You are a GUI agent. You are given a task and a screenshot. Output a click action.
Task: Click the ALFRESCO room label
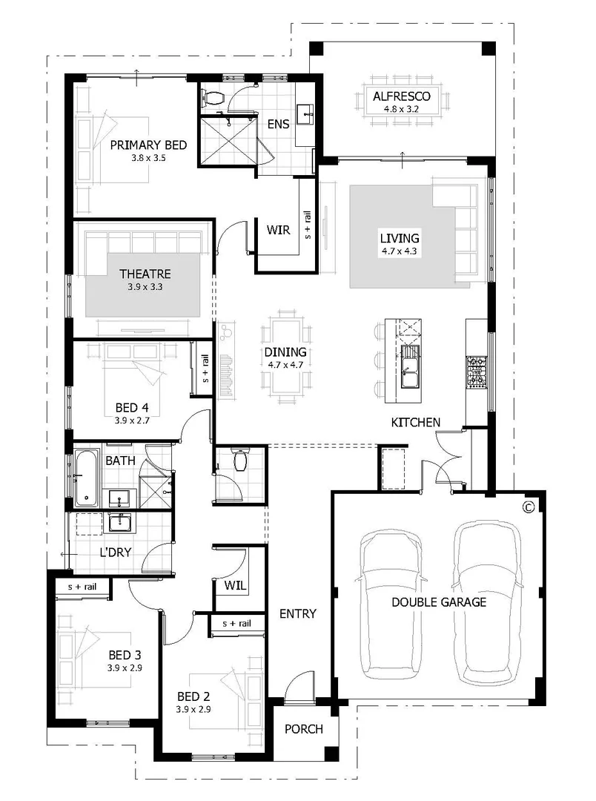pos(401,96)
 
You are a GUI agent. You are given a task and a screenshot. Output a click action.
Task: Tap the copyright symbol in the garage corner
pos(528,507)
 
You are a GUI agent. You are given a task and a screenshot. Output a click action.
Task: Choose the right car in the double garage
pos(486,602)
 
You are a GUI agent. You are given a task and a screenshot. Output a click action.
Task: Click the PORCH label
pos(304,729)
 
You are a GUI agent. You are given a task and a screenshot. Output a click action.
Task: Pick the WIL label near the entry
pos(235,585)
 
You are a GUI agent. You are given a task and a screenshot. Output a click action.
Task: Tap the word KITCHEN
pos(416,422)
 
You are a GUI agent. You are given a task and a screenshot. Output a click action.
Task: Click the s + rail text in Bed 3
pos(82,587)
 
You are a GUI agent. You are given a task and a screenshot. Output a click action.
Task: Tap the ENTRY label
pos(298,613)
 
